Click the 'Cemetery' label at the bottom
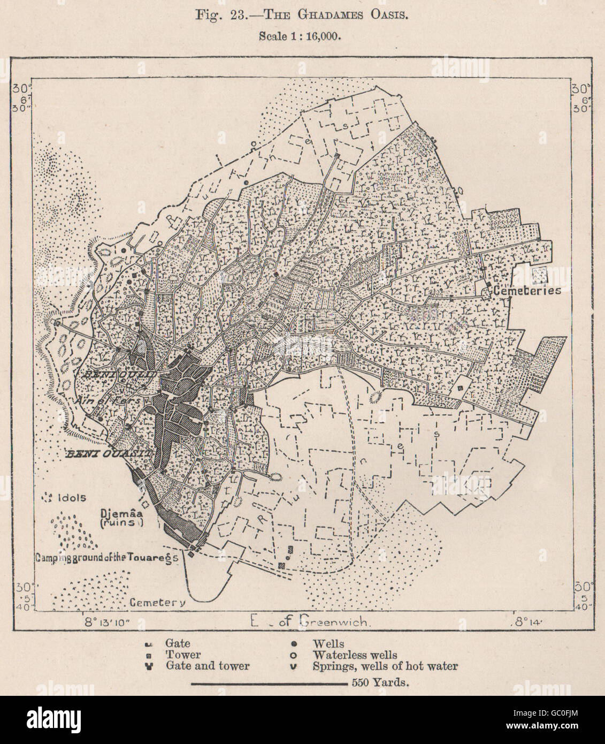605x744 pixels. click(158, 602)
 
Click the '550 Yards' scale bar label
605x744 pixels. click(380, 684)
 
